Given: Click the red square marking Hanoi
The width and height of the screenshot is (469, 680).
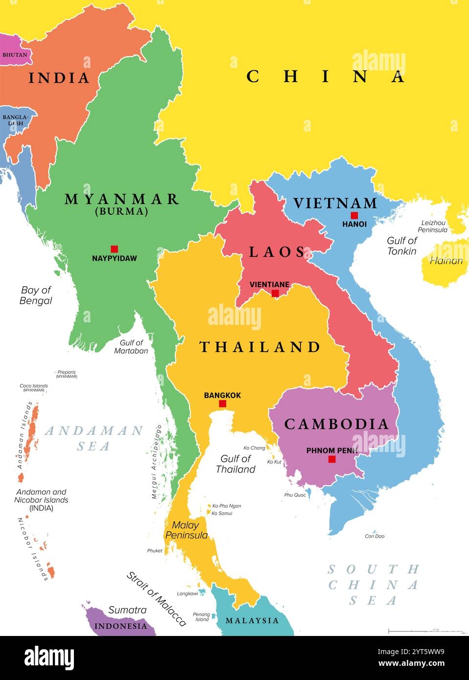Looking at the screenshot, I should [354, 215].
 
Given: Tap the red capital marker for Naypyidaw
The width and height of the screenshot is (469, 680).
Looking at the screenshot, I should [114, 249].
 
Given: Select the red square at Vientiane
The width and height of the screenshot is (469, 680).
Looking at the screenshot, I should [275, 293].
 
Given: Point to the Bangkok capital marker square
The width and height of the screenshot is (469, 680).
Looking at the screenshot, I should [222, 404].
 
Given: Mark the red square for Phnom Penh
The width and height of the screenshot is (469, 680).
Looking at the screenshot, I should [332, 459].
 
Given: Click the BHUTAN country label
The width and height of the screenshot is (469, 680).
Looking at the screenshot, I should [15, 55].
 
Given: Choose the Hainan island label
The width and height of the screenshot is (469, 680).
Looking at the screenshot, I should [446, 261].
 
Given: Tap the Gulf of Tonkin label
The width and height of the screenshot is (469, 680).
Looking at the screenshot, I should [401, 246].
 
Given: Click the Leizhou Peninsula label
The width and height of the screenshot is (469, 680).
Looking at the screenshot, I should [432, 226].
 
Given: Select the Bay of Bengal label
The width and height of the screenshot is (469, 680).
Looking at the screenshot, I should [36, 295].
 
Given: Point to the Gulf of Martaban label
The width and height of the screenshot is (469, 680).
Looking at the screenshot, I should [131, 347].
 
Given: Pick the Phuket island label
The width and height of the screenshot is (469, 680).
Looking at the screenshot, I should [155, 551].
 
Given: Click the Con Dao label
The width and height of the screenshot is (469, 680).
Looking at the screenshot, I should [375, 536].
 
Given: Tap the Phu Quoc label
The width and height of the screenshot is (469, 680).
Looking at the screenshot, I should [295, 495].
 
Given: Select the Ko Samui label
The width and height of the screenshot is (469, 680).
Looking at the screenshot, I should [222, 513].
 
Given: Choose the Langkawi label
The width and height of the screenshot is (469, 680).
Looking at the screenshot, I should [188, 593].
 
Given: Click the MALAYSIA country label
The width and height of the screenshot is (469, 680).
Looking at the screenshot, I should [252, 620].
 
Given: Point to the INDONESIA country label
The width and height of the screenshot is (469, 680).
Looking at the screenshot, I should [120, 626].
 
